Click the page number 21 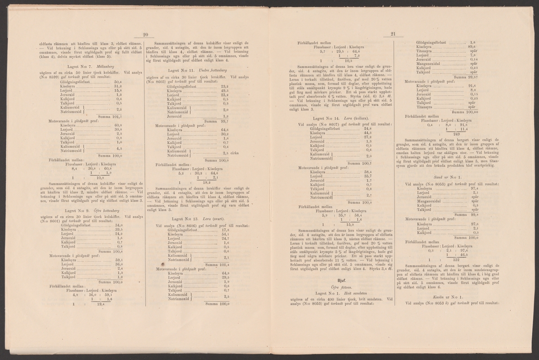click(392, 34)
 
